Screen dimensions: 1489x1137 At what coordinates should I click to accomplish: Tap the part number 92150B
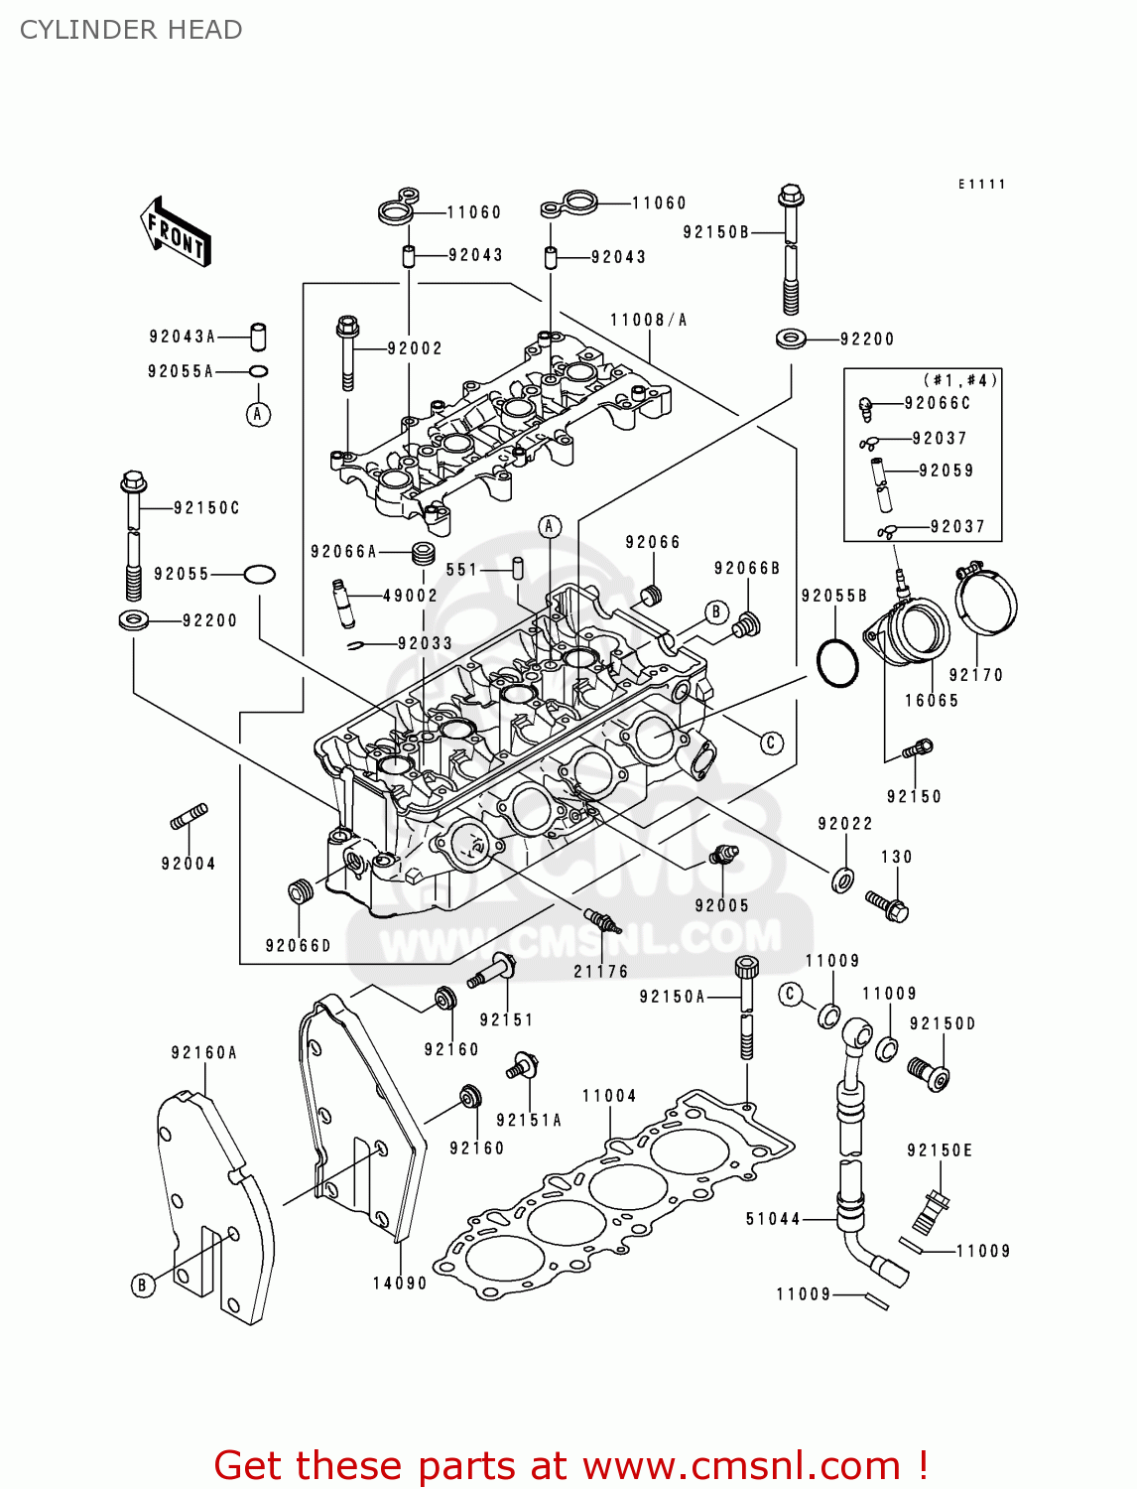click(x=715, y=232)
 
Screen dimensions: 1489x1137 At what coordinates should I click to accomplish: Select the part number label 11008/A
click(x=648, y=320)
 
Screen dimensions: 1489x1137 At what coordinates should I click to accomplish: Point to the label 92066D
click(x=298, y=946)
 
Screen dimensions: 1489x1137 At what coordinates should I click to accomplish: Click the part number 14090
click(x=400, y=1284)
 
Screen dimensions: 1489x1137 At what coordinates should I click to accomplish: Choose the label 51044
click(x=773, y=1219)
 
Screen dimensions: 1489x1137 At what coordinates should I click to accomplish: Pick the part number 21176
click(x=601, y=972)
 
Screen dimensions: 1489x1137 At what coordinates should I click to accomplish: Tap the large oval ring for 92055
click(x=259, y=574)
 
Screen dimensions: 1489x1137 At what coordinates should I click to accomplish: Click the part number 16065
click(x=932, y=701)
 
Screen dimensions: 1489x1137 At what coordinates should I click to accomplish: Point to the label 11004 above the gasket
click(x=609, y=1096)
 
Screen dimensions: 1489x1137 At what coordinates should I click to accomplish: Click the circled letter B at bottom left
click(x=142, y=1286)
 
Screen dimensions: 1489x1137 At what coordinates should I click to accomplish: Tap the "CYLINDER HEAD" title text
click(x=131, y=30)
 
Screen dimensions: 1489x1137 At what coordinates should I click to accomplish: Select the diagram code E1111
click(x=981, y=185)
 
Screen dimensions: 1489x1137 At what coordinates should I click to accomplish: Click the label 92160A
click(x=203, y=1053)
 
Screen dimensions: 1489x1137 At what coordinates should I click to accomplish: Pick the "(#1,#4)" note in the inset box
click(x=960, y=380)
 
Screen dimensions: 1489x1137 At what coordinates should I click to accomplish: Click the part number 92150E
click(x=940, y=1151)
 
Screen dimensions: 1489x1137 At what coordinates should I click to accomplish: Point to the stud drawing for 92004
click(x=189, y=817)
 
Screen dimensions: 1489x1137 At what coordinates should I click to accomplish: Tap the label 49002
click(x=410, y=596)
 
